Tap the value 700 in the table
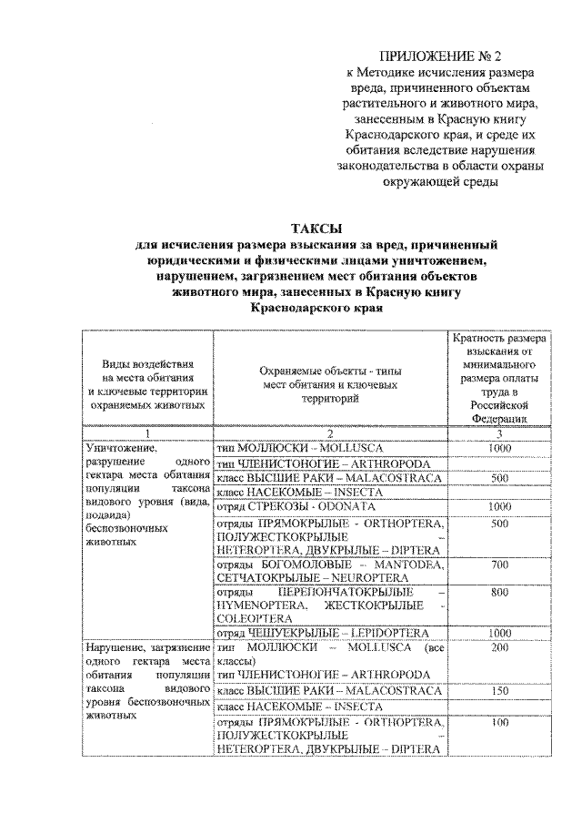click(497, 565)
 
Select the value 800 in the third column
click(497, 592)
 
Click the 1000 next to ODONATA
click(497, 506)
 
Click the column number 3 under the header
click(497, 433)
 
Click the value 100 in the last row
click(497, 723)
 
